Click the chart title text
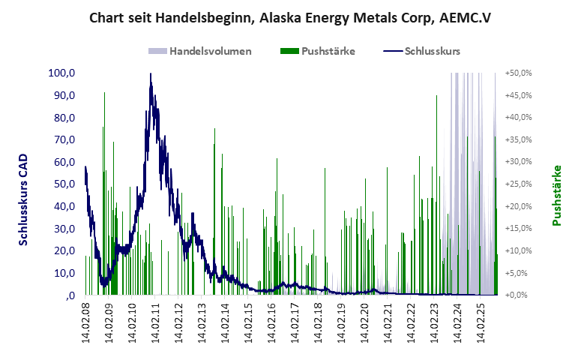click(289, 16)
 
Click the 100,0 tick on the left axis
click(60, 73)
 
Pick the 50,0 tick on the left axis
click(61, 184)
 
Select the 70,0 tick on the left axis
click(61, 140)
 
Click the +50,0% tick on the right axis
click(518, 73)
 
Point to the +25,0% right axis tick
click(518, 184)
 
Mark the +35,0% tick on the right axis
click(518, 140)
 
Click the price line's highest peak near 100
click(151, 75)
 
